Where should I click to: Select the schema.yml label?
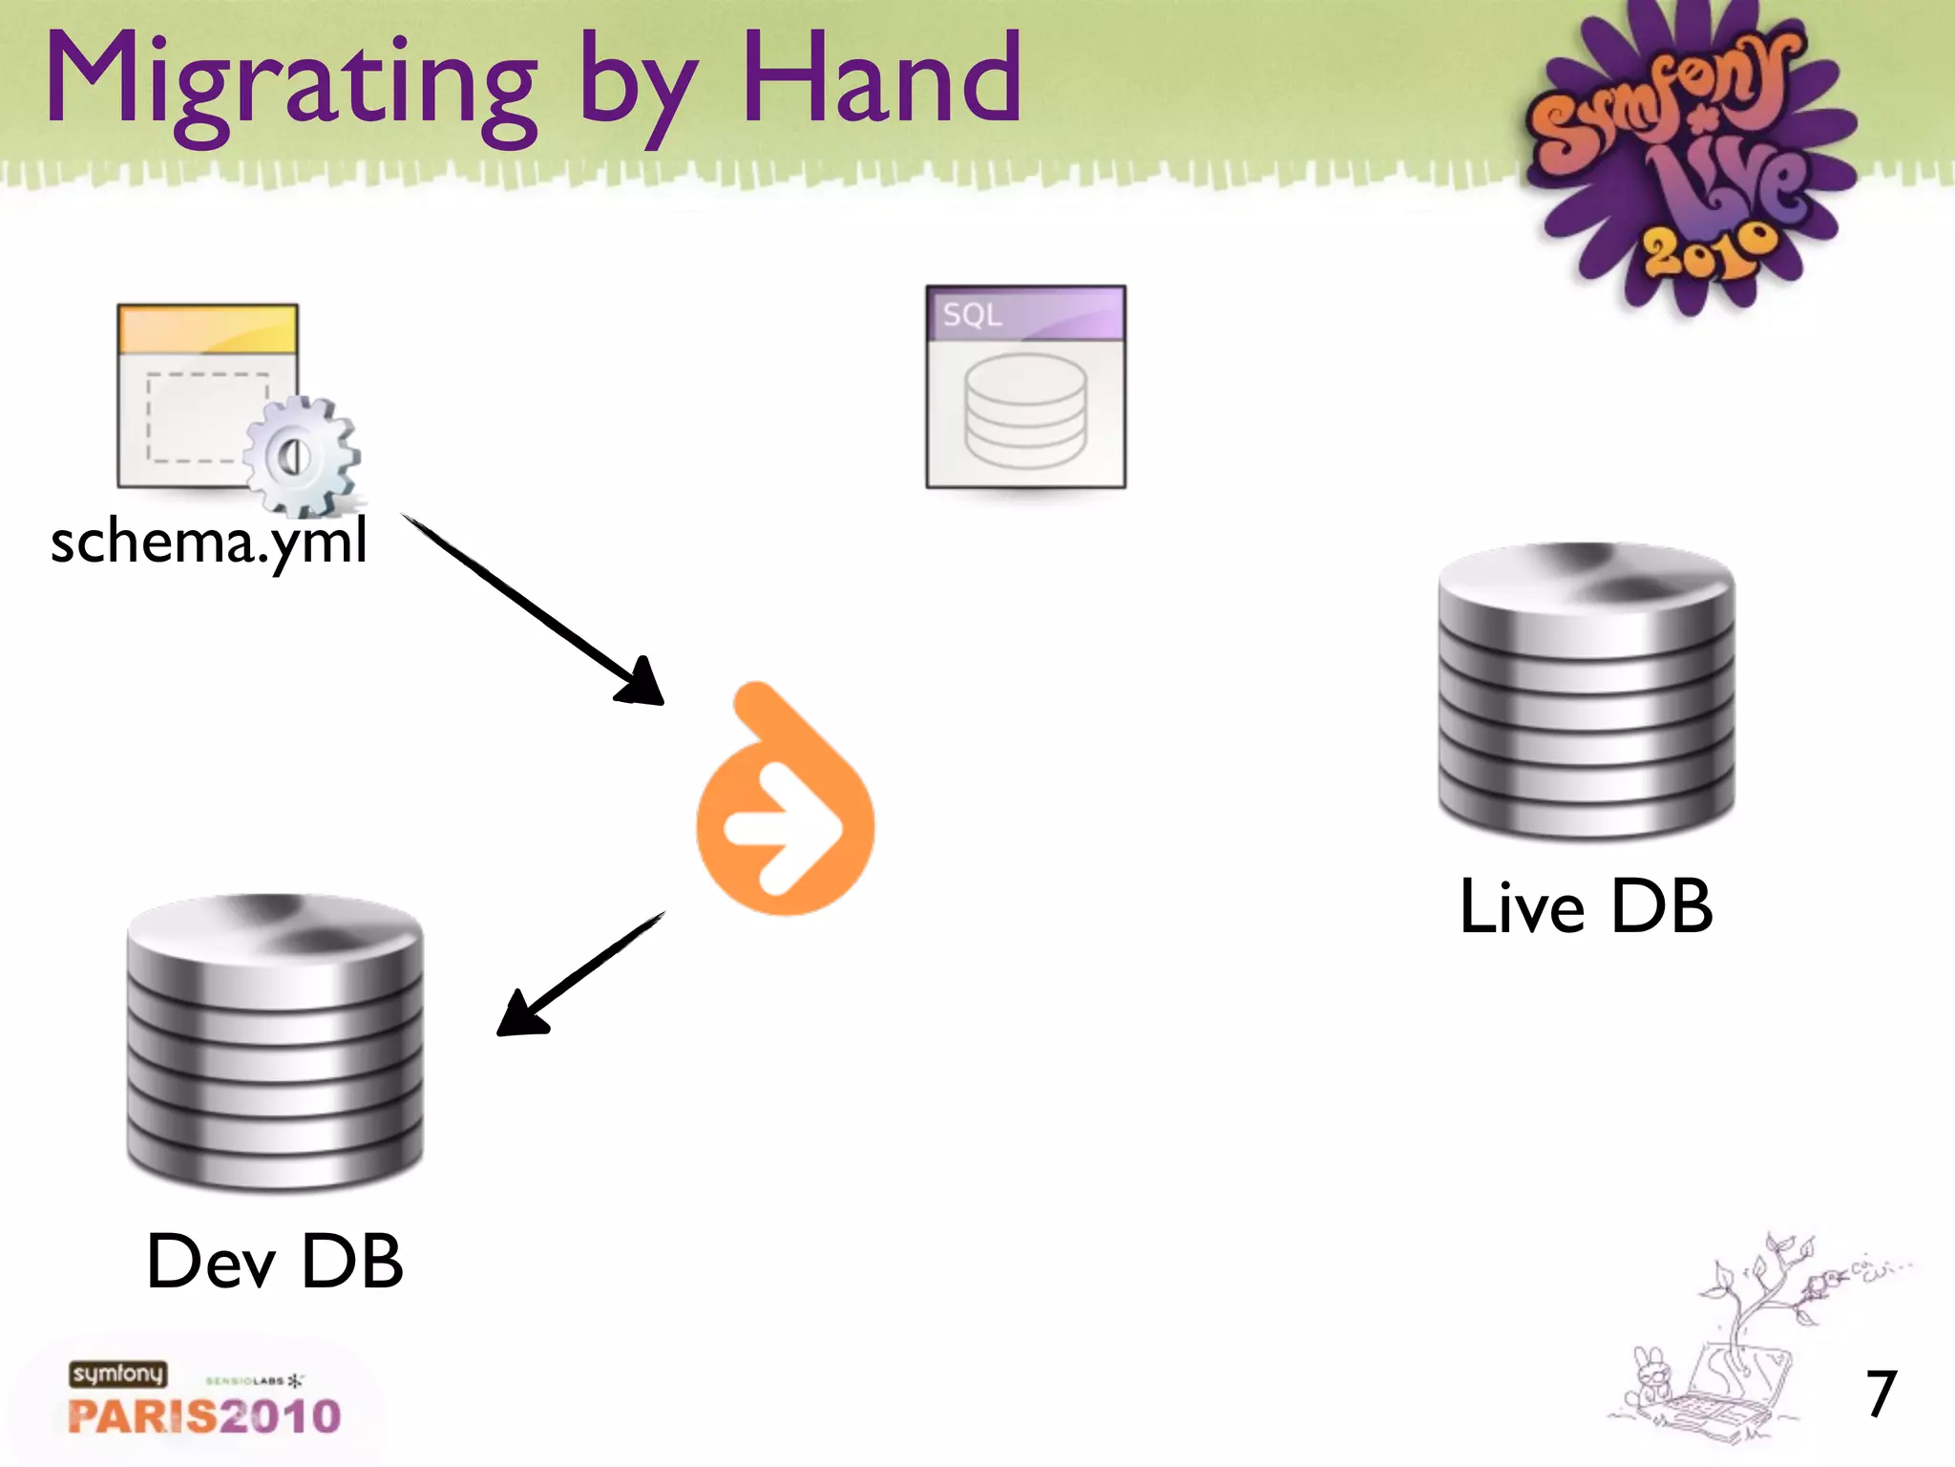coord(208,542)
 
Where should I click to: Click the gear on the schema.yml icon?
coord(301,457)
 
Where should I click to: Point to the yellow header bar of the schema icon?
coord(207,329)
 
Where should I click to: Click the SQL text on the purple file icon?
coord(972,314)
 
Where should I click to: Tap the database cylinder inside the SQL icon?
coord(1025,411)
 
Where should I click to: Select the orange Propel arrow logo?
coord(785,802)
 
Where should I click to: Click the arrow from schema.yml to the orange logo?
coord(535,611)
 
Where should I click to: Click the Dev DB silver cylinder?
coord(275,1041)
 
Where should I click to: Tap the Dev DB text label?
coord(275,1261)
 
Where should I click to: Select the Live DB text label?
coord(1587,905)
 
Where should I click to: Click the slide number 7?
coord(1881,1394)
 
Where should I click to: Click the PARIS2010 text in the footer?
coord(204,1415)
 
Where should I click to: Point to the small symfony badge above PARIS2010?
coord(117,1373)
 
